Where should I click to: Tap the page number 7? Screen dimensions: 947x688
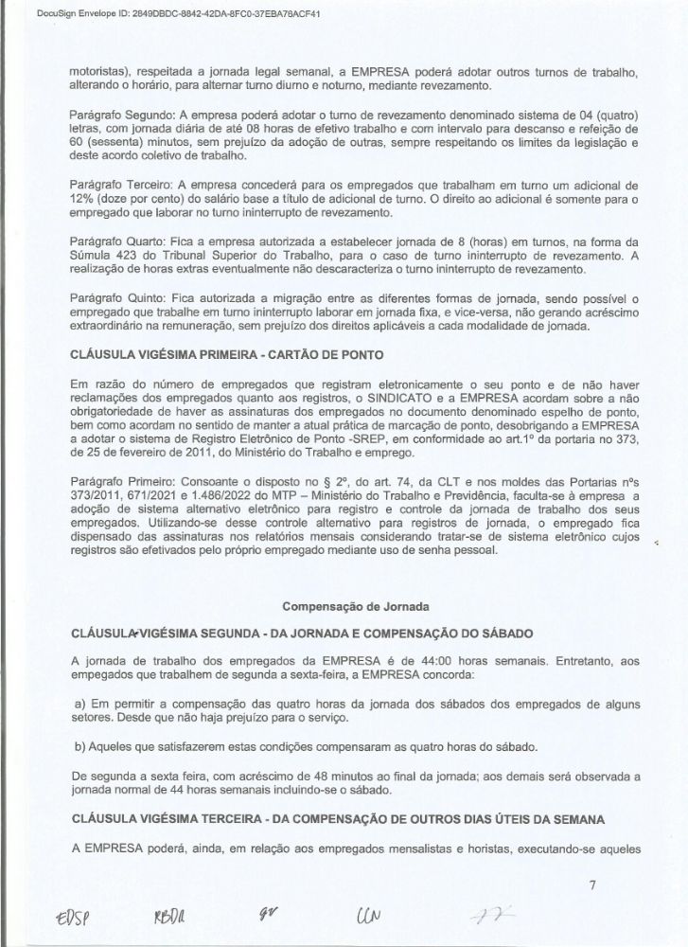[x=591, y=886]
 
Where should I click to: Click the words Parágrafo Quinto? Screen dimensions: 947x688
[x=111, y=298]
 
